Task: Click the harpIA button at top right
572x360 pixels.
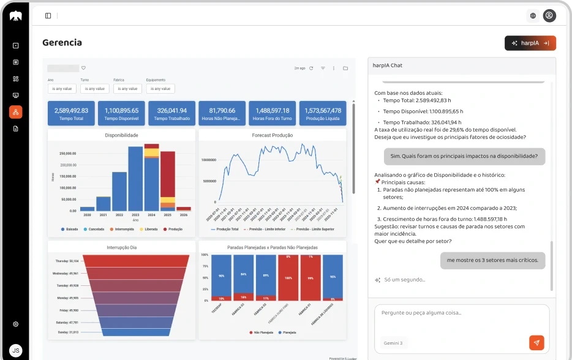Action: [530, 43]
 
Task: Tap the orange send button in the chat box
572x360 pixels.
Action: [536, 343]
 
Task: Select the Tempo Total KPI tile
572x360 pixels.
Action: [71, 114]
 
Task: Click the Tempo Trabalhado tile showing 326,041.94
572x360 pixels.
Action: [171, 114]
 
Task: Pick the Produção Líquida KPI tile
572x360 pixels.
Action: [323, 114]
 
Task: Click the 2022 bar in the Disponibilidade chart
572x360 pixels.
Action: [119, 191]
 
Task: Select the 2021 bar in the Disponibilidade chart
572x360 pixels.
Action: [103, 203]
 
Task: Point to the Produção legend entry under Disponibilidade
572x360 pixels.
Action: [172, 229]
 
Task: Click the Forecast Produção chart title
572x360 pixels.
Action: [273, 135]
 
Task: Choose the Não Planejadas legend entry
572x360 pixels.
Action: [262, 332]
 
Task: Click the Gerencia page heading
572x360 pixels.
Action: [62, 43]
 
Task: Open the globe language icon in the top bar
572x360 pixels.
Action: [533, 15]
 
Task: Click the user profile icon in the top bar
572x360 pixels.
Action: [549, 15]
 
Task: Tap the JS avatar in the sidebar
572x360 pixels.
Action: [15, 350]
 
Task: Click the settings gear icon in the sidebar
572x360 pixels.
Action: [15, 324]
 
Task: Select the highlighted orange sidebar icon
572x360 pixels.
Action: [15, 112]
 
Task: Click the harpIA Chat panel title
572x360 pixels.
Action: [387, 65]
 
